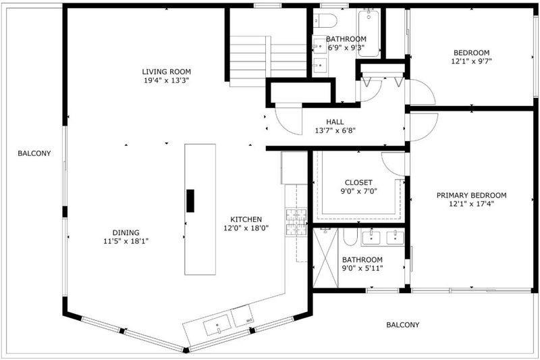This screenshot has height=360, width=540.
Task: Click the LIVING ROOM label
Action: point(166,72)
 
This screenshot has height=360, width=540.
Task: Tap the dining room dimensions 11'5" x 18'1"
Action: point(126,241)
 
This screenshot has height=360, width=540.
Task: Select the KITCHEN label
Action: point(246,219)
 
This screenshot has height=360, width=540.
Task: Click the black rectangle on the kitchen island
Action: point(190,201)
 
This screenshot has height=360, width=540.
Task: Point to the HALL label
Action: point(335,122)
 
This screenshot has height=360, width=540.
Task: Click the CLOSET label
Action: point(358,182)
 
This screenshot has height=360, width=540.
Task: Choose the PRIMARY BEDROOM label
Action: point(471,195)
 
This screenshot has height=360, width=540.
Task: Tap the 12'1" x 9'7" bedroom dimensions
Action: point(471,61)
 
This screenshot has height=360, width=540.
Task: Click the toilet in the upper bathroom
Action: point(325,20)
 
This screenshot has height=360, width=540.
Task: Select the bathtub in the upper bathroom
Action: point(369,33)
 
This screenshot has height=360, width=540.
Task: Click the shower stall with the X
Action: point(325,257)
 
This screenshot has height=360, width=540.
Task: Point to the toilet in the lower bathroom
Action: point(350,236)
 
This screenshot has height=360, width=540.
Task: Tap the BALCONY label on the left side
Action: point(34,153)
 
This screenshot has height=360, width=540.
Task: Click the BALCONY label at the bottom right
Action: point(402,325)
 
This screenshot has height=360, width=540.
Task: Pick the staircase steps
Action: point(268,61)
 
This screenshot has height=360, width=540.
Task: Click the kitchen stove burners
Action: point(296,222)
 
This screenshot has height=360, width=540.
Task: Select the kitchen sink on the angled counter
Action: point(217,325)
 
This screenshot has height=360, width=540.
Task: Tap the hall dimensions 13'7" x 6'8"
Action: point(335,130)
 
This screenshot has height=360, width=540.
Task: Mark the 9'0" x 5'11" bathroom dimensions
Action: point(362,268)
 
